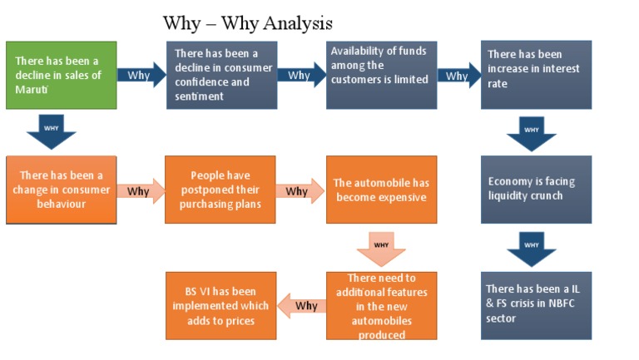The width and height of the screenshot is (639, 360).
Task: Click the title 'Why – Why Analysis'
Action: point(247,22)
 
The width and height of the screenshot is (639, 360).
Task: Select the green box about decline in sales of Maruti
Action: point(61,75)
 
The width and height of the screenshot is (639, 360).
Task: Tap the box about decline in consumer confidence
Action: point(219,74)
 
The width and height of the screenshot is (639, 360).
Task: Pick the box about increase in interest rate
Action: point(536,75)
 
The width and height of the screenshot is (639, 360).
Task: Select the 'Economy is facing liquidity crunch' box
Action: point(536,189)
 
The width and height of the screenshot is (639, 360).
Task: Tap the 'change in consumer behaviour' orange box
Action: point(61,189)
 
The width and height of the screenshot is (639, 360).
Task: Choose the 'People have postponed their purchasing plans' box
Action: point(220,189)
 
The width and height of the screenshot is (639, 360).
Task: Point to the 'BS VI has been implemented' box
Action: point(220,305)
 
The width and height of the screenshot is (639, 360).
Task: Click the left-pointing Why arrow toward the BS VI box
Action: point(300,305)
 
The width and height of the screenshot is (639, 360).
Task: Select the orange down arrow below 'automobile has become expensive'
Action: point(380,247)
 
